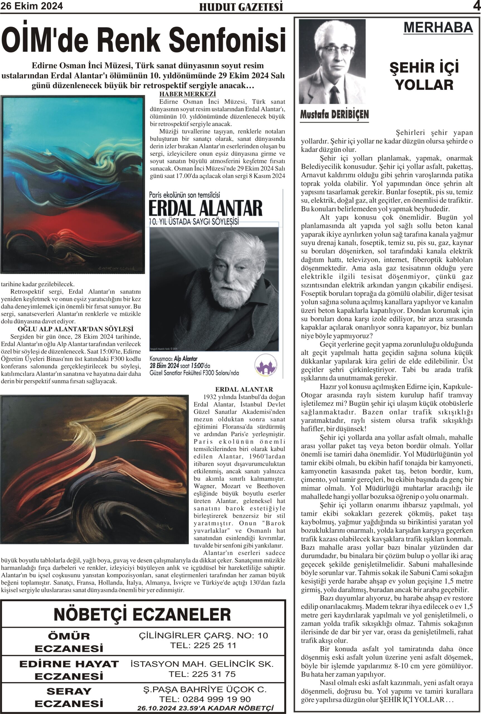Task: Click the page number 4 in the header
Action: pyautogui.click(x=476, y=6)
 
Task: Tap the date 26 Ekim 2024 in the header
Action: pyautogui.click(x=31, y=6)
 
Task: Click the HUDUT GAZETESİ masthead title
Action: pyautogui.click(x=241, y=7)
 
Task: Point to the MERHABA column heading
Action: pyautogui.click(x=438, y=28)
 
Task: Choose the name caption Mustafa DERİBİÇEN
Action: pyautogui.click(x=334, y=115)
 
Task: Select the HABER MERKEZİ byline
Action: pyautogui.click(x=188, y=94)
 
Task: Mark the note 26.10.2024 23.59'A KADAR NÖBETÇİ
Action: pyautogui.click(x=205, y=708)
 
